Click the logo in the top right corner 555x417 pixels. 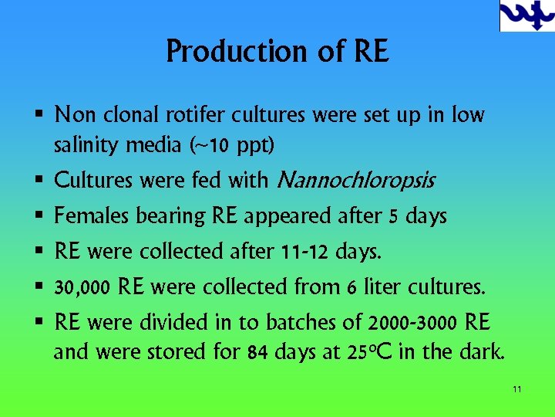tap(526, 15)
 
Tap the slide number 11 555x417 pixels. tap(516, 388)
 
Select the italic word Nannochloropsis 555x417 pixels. tap(355, 181)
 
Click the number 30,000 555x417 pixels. tap(82, 288)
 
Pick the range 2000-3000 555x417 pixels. tap(414, 322)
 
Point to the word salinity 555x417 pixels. tap(85, 144)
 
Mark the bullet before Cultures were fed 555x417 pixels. tap(39, 181)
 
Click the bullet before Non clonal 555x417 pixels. tap(39, 116)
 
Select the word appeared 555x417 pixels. tap(288, 217)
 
